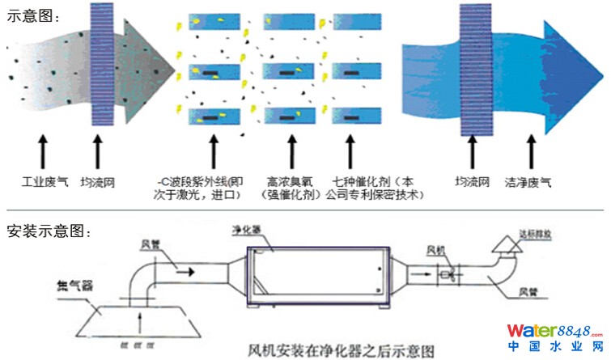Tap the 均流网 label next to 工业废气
tap(100, 183)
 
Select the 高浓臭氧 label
tap(288, 182)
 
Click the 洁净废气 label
tap(528, 183)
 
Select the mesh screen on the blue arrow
tap(473, 69)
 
